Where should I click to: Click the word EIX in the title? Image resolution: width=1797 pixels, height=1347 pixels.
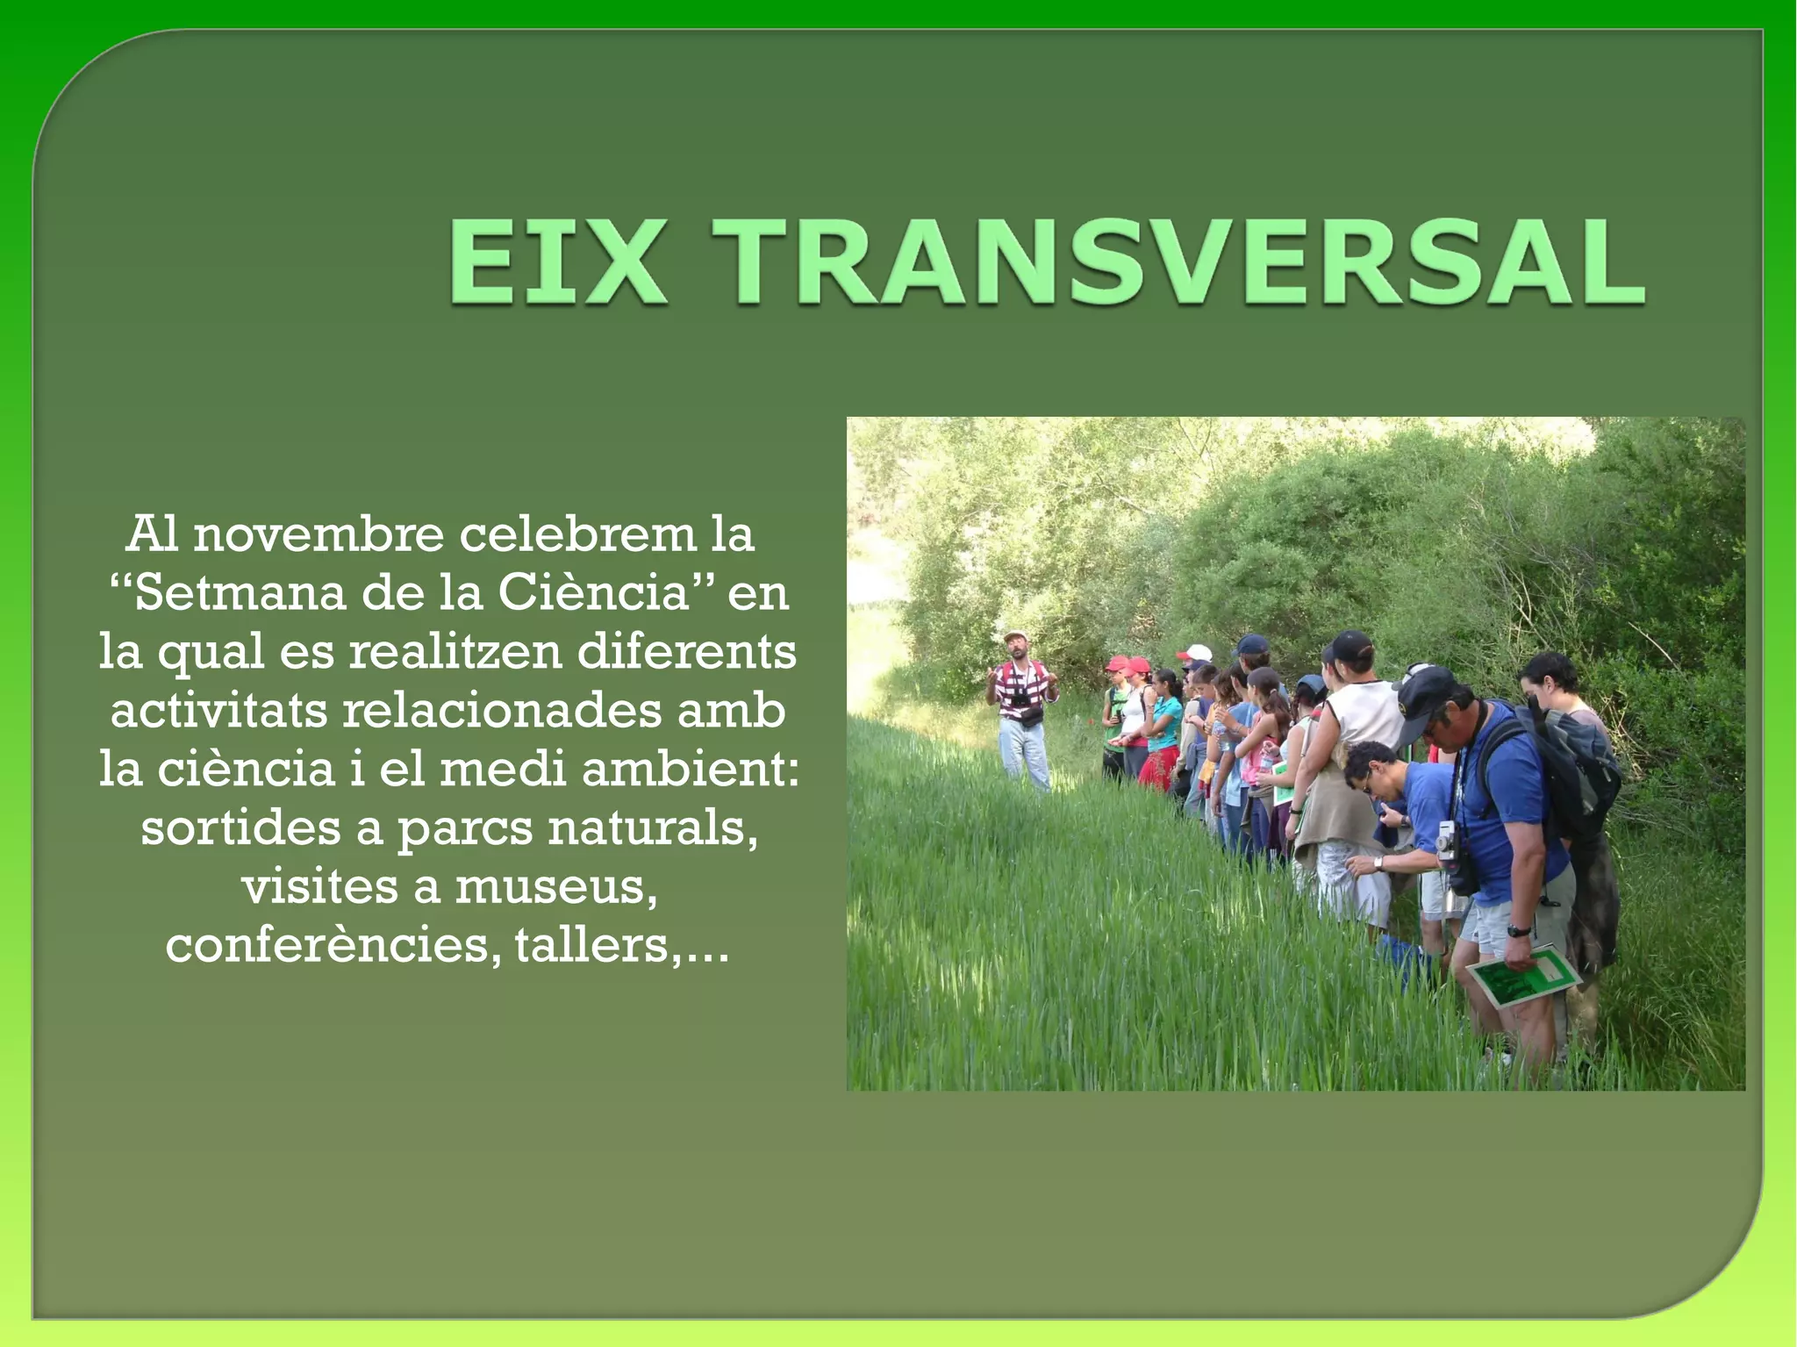(x=556, y=262)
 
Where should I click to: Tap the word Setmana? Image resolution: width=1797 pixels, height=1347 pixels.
(x=240, y=593)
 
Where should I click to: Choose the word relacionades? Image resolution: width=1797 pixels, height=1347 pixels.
(x=501, y=710)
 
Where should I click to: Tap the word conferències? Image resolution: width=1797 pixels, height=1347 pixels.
(x=328, y=945)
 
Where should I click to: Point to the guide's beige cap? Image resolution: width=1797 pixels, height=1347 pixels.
(x=1016, y=634)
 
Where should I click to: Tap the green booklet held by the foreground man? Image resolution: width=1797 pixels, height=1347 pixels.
(x=1522, y=977)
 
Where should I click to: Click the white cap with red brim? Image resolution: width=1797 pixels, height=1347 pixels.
(x=1194, y=653)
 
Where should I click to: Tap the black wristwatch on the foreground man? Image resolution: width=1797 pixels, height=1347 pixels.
(x=1520, y=931)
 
